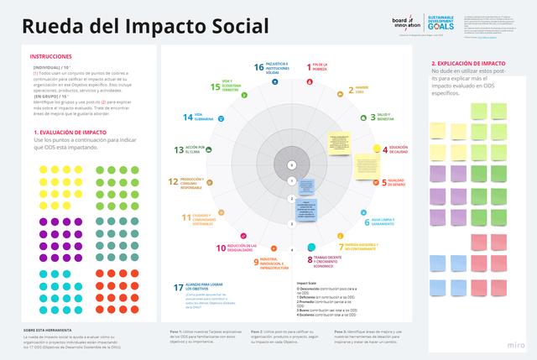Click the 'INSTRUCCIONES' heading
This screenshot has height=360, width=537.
(x=50, y=56)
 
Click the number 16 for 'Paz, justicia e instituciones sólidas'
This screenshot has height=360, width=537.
(x=259, y=66)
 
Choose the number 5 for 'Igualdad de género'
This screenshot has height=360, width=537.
(x=384, y=181)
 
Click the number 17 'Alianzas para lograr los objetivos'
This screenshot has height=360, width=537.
(x=179, y=288)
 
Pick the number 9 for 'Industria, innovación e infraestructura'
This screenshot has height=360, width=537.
(x=257, y=262)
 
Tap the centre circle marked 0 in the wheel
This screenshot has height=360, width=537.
(x=290, y=164)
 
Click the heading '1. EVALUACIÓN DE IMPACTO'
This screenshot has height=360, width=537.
(x=70, y=133)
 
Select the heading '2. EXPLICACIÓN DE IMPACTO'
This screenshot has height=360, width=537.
(x=467, y=64)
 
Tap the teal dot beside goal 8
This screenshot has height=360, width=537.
(x=311, y=247)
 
